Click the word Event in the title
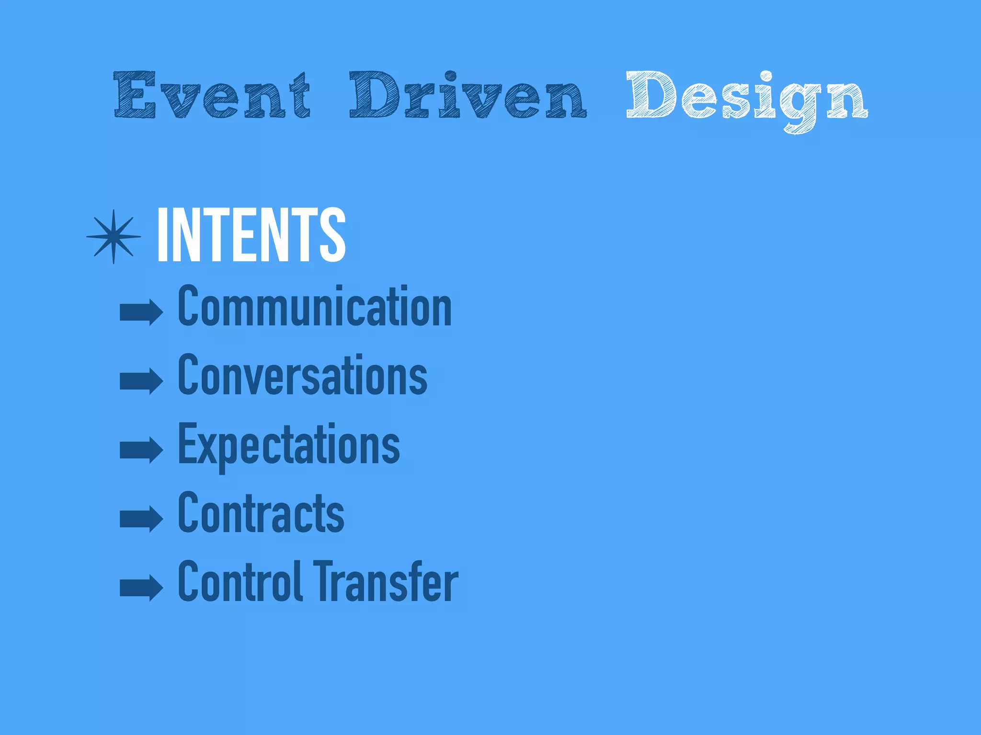click(x=212, y=96)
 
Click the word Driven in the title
click(x=468, y=96)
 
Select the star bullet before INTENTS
click(x=114, y=236)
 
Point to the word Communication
click(x=315, y=306)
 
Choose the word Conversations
click(x=302, y=376)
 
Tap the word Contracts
click(x=261, y=513)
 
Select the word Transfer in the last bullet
click(x=386, y=582)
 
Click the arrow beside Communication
click(x=141, y=312)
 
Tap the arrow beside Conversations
click(x=141, y=381)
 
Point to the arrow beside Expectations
click(x=141, y=450)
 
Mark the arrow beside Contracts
click(x=141, y=519)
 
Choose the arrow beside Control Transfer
click(x=141, y=587)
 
